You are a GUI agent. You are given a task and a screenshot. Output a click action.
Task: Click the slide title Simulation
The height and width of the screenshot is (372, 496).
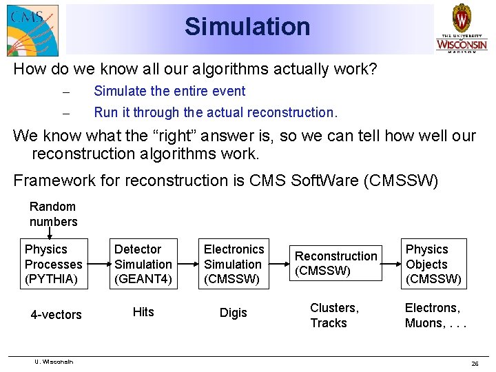[247, 27]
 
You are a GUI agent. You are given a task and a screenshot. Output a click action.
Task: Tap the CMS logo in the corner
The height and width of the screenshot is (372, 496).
[32, 30]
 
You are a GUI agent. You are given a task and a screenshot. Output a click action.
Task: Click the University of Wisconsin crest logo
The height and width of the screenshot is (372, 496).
[461, 28]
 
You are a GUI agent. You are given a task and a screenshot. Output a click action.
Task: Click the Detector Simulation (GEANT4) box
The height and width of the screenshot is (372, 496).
[143, 264]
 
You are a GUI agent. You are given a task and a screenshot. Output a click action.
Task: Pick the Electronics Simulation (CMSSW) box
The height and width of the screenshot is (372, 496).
[234, 264]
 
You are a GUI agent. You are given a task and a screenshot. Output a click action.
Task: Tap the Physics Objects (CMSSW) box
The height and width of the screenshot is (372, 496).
[433, 264]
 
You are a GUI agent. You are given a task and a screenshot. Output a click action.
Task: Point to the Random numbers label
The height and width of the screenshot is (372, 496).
[53, 214]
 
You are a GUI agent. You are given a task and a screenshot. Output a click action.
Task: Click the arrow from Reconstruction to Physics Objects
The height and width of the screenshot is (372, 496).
[392, 264]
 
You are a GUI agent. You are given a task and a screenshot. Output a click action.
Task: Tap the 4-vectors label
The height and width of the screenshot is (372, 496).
[56, 315]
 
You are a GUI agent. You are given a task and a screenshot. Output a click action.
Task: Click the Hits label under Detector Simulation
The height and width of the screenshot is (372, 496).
[143, 312]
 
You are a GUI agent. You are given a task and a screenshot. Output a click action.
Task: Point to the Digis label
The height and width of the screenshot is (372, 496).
[233, 313]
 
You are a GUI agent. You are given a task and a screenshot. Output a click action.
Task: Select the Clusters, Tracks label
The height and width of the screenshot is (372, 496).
[334, 315]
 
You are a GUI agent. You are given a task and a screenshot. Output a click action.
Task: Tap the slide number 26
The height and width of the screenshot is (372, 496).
[475, 364]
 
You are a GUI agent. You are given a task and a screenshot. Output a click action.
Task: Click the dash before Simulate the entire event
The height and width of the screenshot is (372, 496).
[66, 92]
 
